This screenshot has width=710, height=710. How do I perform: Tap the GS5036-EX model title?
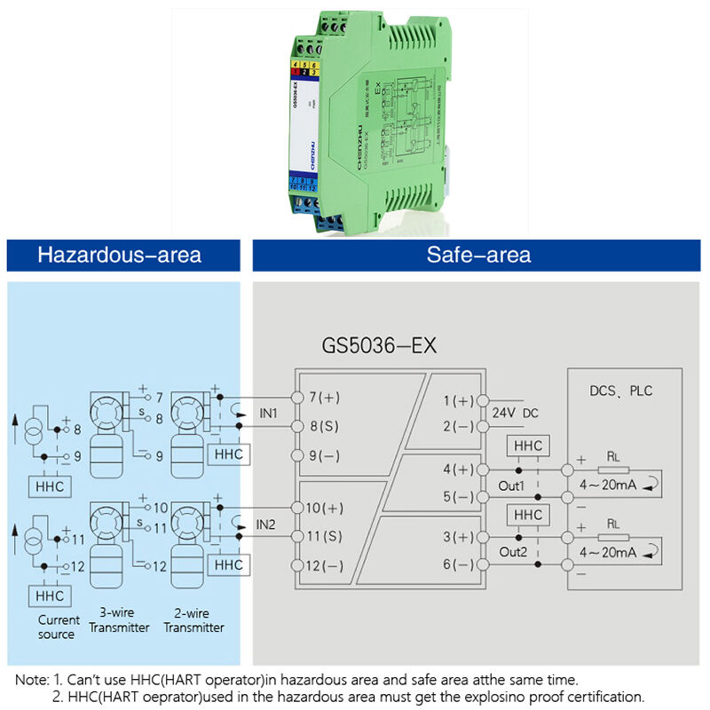(x=379, y=345)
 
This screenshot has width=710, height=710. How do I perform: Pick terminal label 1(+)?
(x=459, y=401)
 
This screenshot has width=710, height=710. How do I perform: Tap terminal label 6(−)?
(x=459, y=565)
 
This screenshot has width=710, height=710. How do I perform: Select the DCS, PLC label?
(x=621, y=390)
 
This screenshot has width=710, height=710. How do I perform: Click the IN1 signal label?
(x=269, y=414)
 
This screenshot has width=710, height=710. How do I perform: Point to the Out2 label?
(x=512, y=551)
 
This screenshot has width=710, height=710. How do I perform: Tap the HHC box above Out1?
(x=527, y=446)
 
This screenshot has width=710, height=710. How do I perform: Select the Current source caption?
(x=59, y=627)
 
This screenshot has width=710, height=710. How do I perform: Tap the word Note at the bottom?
(x=32, y=679)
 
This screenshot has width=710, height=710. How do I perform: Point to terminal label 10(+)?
(x=324, y=509)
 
